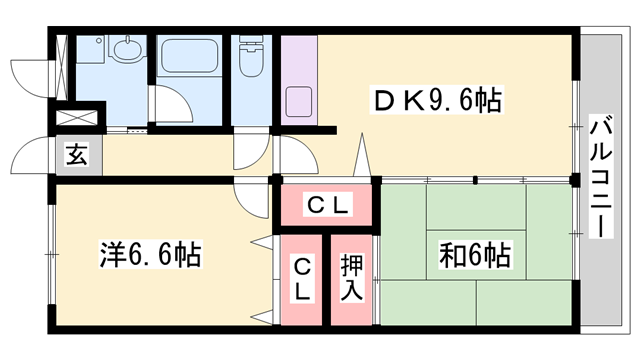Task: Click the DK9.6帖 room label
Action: [x=436, y=101]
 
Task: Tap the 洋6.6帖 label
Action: [x=151, y=255]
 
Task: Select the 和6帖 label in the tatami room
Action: [x=474, y=256]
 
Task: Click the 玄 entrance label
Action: [x=75, y=155]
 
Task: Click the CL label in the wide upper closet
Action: [x=328, y=207]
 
